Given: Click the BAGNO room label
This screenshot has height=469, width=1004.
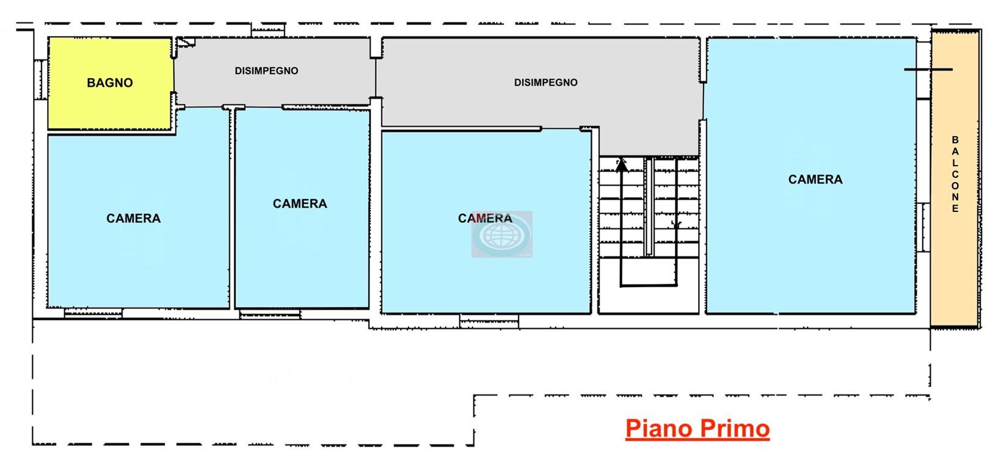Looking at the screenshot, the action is click(110, 83).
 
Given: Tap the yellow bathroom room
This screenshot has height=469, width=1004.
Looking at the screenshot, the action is click(111, 84).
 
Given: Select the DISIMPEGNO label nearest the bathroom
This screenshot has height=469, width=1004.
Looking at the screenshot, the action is click(267, 71).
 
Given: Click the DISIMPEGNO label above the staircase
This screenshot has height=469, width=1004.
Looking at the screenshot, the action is click(546, 82).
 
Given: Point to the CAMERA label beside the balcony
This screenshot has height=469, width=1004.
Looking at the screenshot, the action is click(815, 180).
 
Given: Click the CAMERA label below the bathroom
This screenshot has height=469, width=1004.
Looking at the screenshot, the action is click(133, 219).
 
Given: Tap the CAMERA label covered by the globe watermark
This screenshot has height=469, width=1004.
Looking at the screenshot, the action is click(485, 219).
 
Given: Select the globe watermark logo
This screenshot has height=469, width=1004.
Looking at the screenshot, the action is click(502, 234).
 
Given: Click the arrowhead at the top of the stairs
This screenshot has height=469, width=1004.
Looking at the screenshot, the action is click(621, 165).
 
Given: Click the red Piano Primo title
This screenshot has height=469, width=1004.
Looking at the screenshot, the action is click(697, 429).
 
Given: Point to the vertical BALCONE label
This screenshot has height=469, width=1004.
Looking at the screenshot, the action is click(955, 175).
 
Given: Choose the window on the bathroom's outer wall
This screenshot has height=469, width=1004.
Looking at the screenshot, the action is click(40, 79).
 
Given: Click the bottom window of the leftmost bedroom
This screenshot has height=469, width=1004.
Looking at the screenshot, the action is click(93, 313).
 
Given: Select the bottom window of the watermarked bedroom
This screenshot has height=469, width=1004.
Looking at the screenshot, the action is click(489, 321).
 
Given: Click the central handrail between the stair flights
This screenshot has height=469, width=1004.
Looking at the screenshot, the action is click(649, 206).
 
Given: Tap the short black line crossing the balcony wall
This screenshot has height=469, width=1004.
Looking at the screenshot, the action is click(928, 70).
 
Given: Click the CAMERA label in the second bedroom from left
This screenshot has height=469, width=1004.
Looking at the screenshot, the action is click(300, 204).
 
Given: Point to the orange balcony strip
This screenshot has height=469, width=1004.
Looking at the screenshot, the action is click(955, 178).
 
